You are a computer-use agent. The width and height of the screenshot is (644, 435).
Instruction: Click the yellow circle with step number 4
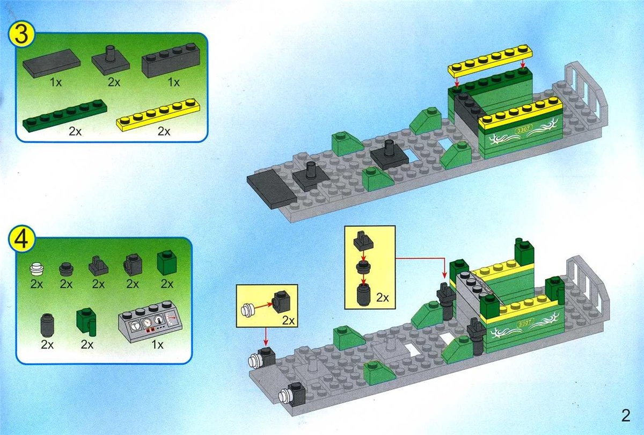click(x=22, y=239)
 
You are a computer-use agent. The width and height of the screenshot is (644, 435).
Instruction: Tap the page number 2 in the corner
click(x=626, y=416)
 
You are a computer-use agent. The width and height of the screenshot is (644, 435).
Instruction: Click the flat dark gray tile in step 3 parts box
click(x=52, y=63)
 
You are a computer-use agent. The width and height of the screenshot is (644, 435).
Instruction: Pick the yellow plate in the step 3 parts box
click(x=158, y=115)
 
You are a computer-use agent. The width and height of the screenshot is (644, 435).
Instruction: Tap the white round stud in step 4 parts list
click(x=37, y=270)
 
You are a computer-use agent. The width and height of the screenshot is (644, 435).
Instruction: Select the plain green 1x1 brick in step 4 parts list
click(x=167, y=262)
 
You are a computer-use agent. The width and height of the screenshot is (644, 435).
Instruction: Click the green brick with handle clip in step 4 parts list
click(x=87, y=322)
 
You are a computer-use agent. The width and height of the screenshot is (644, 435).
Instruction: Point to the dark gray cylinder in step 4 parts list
click(x=47, y=325)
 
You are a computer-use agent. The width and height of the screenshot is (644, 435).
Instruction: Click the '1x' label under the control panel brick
click(x=157, y=344)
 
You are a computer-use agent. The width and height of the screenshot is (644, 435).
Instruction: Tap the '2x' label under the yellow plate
click(x=164, y=132)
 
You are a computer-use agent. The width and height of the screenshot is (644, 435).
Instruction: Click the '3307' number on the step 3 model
click(x=524, y=129)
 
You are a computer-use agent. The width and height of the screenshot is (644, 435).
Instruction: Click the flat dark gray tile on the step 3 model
click(x=272, y=189)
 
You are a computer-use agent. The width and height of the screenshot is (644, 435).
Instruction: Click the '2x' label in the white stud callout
click(x=288, y=321)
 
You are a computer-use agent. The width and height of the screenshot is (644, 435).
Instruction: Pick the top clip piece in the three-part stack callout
click(x=363, y=241)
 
